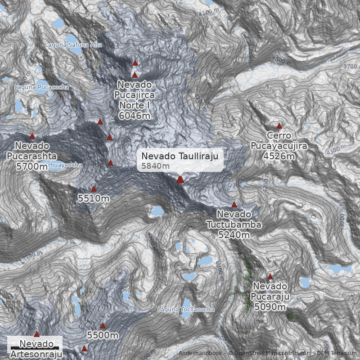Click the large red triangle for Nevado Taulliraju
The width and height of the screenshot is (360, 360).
coord(180,180)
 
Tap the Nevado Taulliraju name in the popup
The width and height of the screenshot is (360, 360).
coord(180,156)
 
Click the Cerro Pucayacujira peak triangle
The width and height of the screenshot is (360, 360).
coord(279,126)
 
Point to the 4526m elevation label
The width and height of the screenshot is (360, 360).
coord(279,156)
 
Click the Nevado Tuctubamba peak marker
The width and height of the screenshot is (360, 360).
coord(234,205)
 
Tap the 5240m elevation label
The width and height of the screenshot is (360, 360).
coord(234,234)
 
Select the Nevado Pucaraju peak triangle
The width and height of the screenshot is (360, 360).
coord(270,277)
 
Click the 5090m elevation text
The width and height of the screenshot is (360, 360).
coord(270,307)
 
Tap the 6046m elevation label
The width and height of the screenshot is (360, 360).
coord(135,116)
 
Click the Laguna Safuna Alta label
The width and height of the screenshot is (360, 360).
coord(74,45)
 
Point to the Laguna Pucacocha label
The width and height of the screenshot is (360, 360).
coord(41,87)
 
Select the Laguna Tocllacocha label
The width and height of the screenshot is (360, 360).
coord(186,310)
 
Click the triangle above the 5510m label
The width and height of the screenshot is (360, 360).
coord(94,189)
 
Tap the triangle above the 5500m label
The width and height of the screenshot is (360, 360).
coord(103,326)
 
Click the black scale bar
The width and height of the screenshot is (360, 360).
coord(35,348)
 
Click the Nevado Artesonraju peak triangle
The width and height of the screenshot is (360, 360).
coord(36,334)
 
